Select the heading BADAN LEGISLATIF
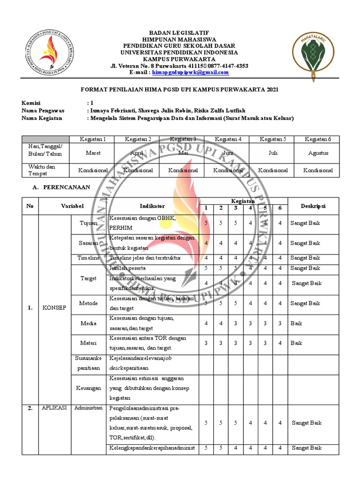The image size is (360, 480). tap(180, 33)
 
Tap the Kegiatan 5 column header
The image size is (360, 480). tap(271, 139)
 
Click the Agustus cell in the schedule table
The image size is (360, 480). tap(318, 153)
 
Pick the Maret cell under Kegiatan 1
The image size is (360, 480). tap(93, 153)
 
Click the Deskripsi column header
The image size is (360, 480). tap(313, 206)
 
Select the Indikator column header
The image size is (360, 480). tap(152, 206)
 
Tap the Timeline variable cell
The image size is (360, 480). tap(89, 258)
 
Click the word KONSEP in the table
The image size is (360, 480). tap(55, 308)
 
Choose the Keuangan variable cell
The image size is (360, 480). tap(89, 388)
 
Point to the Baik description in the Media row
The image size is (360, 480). tap(296, 323)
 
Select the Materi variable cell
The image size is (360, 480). tap(89, 343)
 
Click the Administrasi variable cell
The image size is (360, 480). tap(89, 408)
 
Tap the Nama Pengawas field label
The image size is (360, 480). tap(43, 111)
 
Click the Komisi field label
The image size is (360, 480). tap(31, 103)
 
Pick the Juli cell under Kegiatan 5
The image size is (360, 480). tap(271, 153)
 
